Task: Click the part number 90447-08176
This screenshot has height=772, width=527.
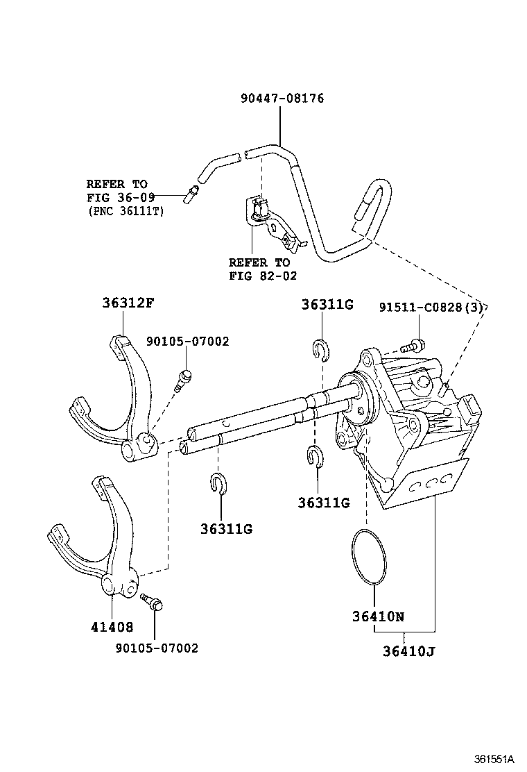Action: [282, 99]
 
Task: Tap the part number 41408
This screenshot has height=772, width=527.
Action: [112, 628]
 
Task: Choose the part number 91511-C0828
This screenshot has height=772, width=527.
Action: [422, 308]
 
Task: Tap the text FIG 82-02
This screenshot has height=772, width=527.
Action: [259, 276]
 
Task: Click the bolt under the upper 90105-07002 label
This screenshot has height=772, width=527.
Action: [184, 379]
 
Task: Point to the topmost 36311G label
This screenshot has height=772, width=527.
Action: [327, 304]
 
